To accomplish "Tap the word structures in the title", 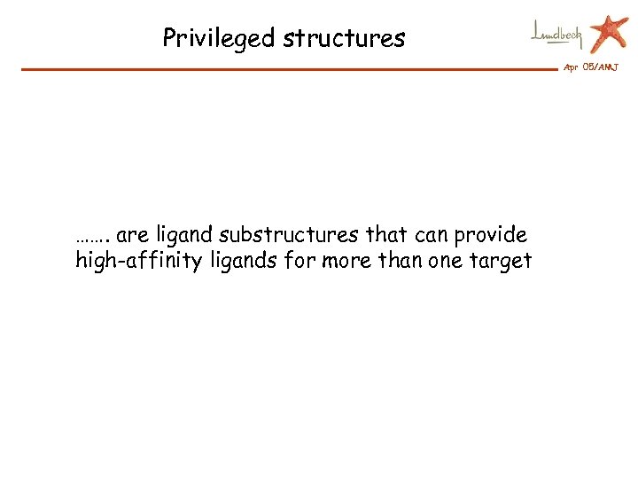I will click(x=344, y=38).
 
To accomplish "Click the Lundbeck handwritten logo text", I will click(x=557, y=34).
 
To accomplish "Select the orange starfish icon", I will click(x=609, y=33).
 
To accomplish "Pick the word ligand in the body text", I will click(x=184, y=236).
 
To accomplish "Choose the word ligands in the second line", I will click(x=241, y=261).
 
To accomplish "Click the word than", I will click(x=398, y=261).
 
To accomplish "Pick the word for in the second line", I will click(x=300, y=261).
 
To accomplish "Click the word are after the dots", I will click(x=133, y=236).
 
